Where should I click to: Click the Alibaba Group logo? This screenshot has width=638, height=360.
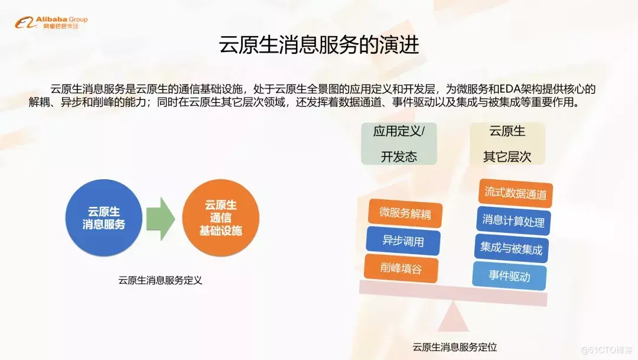pos(51,22)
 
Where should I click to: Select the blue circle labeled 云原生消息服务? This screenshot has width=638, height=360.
pos(104,218)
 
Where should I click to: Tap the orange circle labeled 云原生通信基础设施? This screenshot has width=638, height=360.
pos(220,218)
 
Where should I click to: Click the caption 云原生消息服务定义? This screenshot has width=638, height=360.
pos(160,280)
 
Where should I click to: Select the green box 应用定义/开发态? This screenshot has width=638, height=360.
pos(399,144)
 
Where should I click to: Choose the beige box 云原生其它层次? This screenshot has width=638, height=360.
pos(507,144)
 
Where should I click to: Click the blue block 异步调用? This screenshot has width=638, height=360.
pos(403,241)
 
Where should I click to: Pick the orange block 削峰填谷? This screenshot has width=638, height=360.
pos(401,268)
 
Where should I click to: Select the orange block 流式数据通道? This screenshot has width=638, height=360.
pos(515,193)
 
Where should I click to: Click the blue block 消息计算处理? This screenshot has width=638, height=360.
pos(513,220)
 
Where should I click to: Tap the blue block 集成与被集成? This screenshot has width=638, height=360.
pos(511,248)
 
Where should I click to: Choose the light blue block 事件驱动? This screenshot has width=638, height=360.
pos(509,276)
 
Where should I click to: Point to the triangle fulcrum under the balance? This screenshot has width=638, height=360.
pos(453,316)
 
